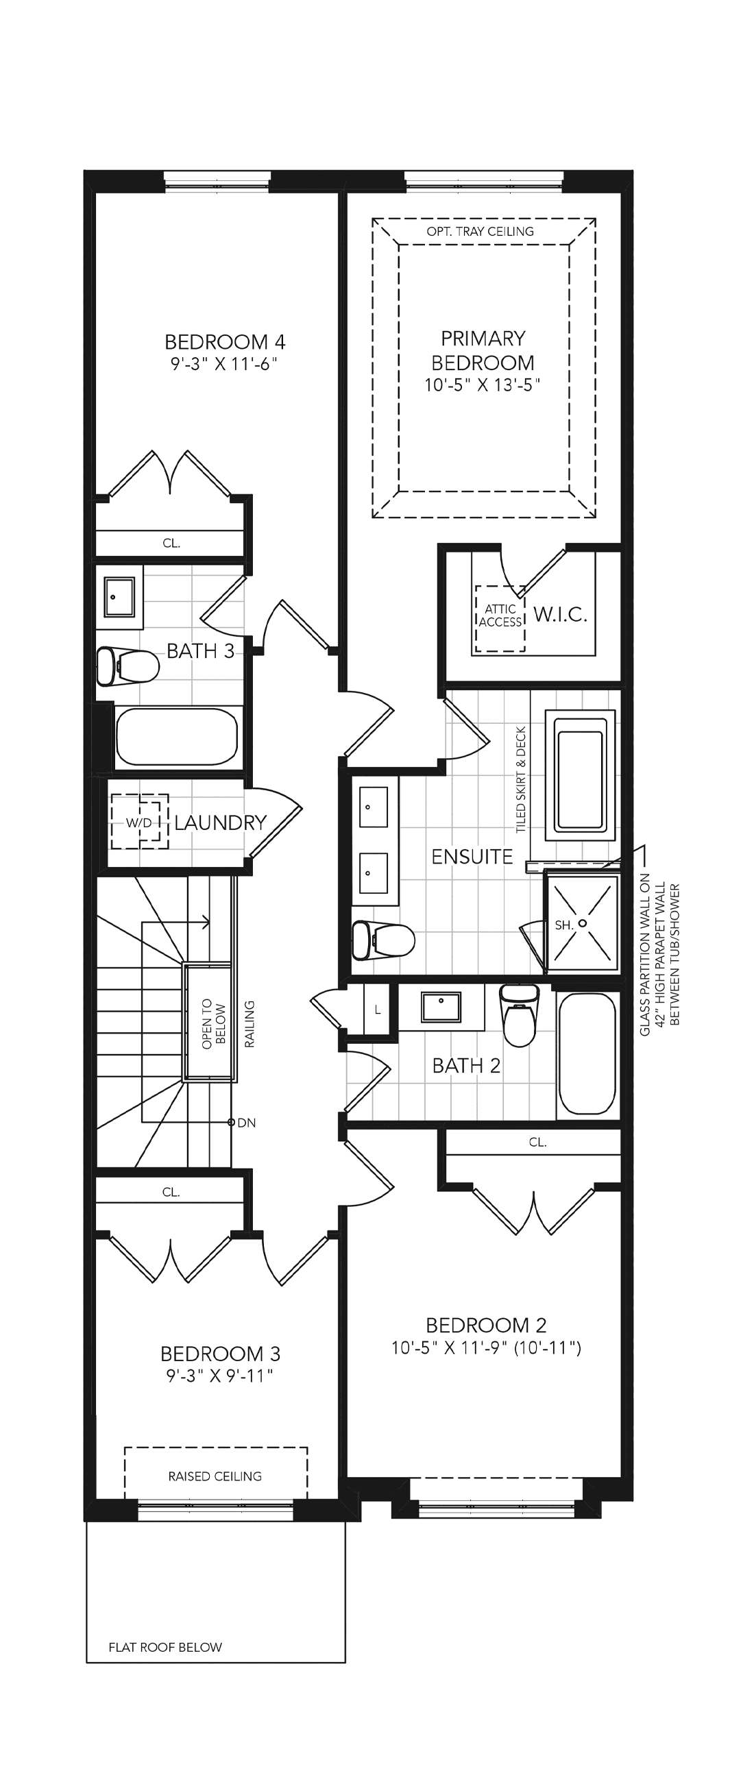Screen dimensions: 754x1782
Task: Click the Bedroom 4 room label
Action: [x=225, y=342]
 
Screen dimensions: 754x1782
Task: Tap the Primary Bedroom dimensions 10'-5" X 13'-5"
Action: [x=482, y=385]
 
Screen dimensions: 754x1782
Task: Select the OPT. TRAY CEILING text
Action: [x=480, y=232]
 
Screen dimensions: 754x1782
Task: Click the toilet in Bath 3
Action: [x=127, y=666]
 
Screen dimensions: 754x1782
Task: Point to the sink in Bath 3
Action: [x=119, y=597]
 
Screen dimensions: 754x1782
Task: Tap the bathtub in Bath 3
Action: [x=177, y=737]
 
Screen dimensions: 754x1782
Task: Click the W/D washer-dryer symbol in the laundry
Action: [x=140, y=822]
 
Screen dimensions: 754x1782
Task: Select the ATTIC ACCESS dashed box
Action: [x=500, y=618]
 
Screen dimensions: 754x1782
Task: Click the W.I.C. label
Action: [x=560, y=614]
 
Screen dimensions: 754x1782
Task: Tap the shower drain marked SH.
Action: [x=583, y=923]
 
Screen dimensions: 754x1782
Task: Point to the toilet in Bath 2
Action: [x=520, y=1015]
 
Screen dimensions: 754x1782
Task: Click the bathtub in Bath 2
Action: [x=587, y=1053]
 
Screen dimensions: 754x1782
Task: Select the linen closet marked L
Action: [x=378, y=1010]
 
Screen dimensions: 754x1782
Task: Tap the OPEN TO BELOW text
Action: [x=214, y=1024]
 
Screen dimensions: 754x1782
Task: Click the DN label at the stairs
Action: [x=246, y=1123]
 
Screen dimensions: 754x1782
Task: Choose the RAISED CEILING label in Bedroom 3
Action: [x=215, y=1476]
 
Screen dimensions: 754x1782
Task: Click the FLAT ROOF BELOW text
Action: [x=165, y=1647]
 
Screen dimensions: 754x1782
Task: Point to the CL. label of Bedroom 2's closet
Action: [x=537, y=1142]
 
